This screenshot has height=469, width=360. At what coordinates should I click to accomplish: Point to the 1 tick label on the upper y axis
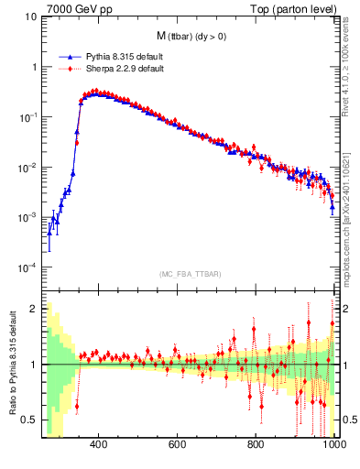tap(34, 68)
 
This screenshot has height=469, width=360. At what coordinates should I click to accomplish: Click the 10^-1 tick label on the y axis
tap(28, 117)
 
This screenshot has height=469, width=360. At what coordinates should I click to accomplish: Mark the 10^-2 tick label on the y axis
tap(28, 168)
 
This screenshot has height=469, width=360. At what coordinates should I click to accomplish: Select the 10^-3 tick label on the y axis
tap(28, 218)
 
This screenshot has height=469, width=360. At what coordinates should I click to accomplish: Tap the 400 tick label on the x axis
tap(100, 445)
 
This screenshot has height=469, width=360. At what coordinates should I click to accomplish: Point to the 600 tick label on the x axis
tap(178, 445)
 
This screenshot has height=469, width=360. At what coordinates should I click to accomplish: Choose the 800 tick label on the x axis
tap(256, 445)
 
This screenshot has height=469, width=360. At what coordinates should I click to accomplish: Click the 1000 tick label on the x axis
tap(333, 445)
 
